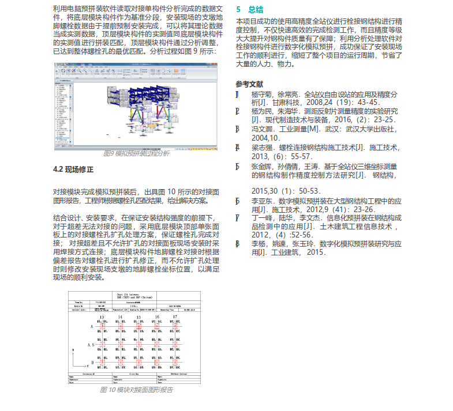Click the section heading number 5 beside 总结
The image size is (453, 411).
click(x=239, y=9)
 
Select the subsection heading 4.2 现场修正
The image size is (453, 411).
click(x=73, y=169)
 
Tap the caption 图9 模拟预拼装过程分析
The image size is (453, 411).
click(x=136, y=154)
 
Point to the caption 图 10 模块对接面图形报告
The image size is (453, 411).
click(x=136, y=390)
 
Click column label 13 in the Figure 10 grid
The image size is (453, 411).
click(x=102, y=317)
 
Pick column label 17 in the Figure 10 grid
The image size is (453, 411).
click(x=157, y=317)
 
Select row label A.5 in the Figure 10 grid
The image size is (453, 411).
click(x=91, y=344)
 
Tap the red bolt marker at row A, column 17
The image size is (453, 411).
click(x=157, y=326)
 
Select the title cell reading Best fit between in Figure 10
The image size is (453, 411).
click(x=137, y=293)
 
